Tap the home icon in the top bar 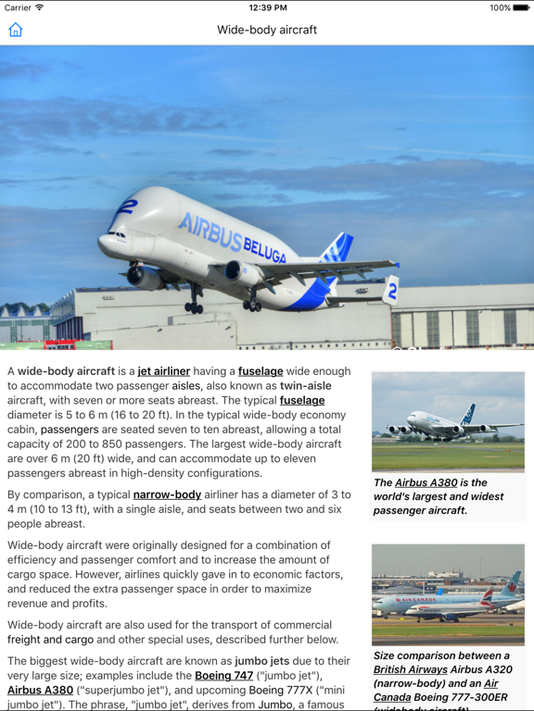point(16,30)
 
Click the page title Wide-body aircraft point(267,30)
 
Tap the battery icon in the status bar point(521,7)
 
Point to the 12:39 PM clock point(267,7)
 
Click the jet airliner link point(164,371)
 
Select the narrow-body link point(167,494)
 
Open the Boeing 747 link point(223,676)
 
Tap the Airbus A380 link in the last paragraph point(40,690)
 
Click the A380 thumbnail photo point(448,422)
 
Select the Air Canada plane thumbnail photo point(448,594)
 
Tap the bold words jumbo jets point(264,661)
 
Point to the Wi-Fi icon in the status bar point(40,7)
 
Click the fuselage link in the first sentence point(261,371)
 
